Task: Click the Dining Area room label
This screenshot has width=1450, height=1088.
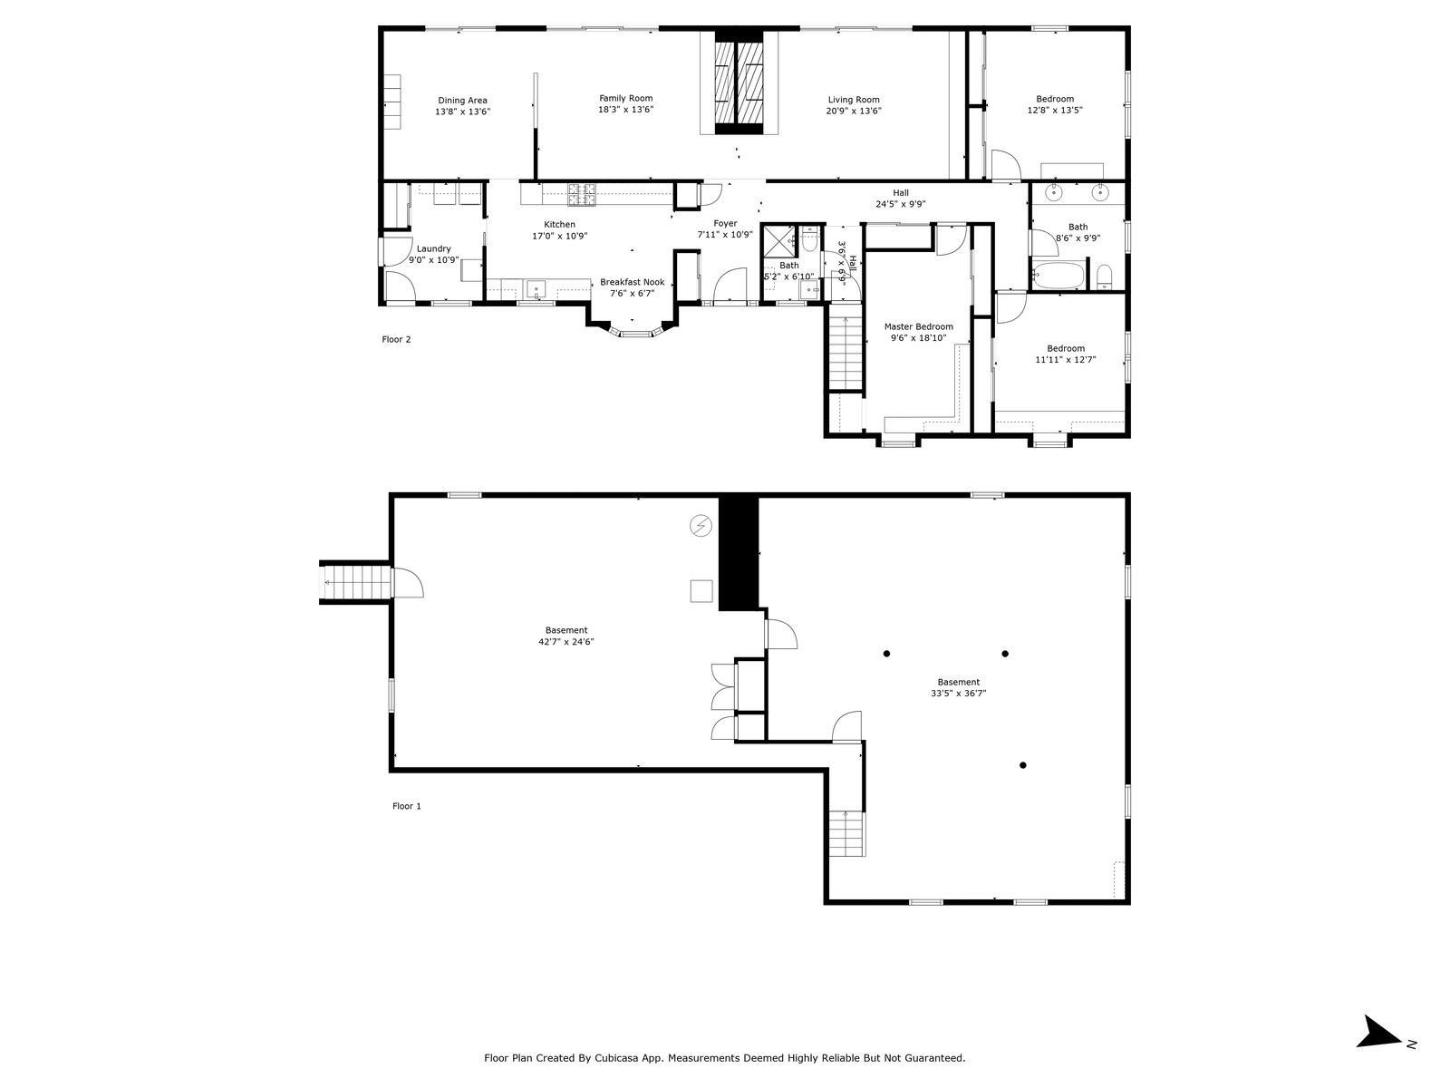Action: point(462,101)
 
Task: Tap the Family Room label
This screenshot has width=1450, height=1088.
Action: point(625,99)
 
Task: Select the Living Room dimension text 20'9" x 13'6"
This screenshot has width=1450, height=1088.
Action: point(853,112)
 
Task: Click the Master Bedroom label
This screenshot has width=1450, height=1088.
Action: point(918,327)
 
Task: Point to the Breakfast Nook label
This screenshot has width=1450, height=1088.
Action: point(632,283)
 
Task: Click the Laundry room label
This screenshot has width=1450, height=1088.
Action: point(433,249)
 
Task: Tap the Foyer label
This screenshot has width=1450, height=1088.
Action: point(725,224)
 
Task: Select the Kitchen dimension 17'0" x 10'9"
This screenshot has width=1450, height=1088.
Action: point(559,236)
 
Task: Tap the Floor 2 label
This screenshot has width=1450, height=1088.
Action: point(396,340)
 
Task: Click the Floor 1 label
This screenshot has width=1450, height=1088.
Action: point(407,806)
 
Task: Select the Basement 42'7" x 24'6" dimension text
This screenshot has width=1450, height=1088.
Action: point(565,642)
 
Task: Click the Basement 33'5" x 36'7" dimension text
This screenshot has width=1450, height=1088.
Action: point(958,694)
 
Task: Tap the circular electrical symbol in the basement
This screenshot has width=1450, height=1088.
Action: point(701,525)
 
